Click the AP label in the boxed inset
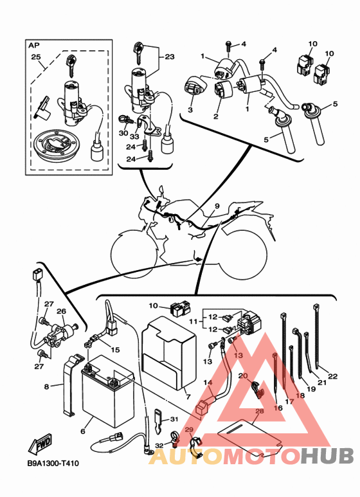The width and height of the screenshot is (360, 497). click(33, 45)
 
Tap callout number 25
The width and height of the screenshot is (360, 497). click(36, 57)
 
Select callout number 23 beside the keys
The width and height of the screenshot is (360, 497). click(170, 57)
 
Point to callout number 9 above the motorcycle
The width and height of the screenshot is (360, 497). click(217, 206)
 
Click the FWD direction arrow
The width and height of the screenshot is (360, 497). click(40, 444)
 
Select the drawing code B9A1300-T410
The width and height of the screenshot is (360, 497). click(53, 464)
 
